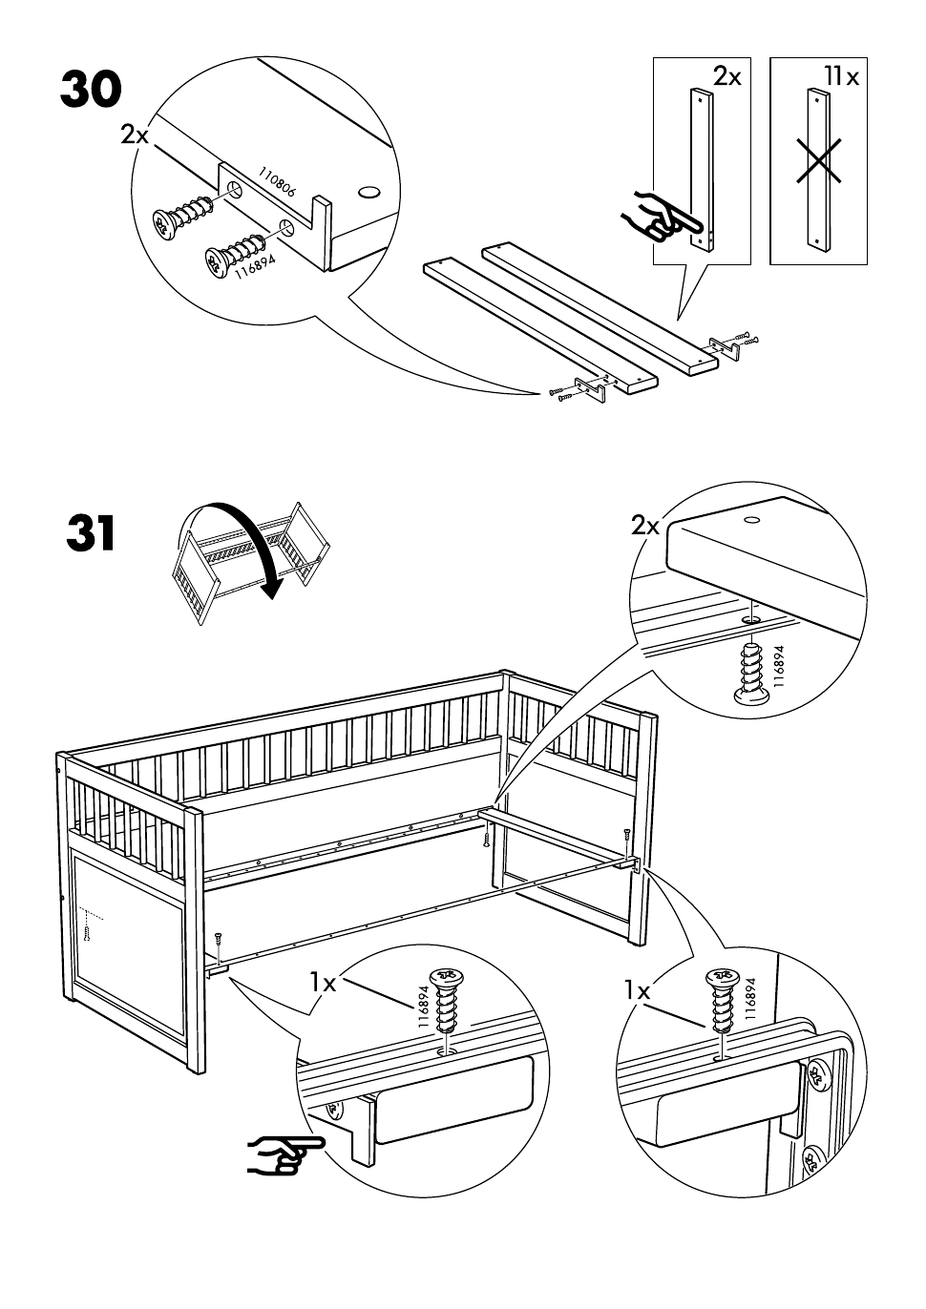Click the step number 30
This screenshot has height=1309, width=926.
[x=91, y=90]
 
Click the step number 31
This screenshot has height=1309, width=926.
[x=91, y=534]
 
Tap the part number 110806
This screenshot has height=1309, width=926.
[x=277, y=182]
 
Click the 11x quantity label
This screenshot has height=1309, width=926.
[x=840, y=76]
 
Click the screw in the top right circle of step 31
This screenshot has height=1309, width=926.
[x=752, y=673]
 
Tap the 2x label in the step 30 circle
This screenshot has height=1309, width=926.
[x=135, y=135]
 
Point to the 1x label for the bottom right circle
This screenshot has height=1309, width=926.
[x=637, y=991]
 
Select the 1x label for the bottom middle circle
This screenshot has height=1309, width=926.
[x=323, y=983]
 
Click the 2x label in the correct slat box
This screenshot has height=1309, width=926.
[x=726, y=76]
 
